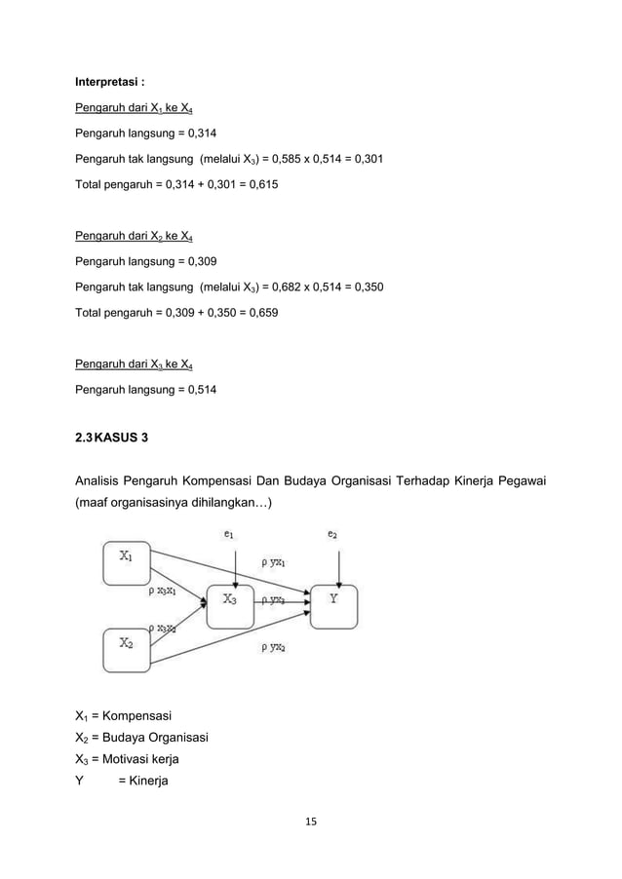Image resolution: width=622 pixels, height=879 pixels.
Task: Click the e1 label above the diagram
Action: point(229,533)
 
